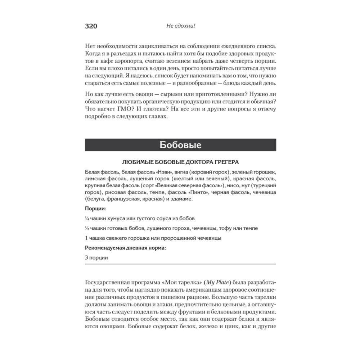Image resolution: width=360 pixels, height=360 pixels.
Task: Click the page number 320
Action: [x=91, y=26]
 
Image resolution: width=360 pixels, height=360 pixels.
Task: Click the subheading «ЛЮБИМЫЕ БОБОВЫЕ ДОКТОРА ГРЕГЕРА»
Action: [x=180, y=162]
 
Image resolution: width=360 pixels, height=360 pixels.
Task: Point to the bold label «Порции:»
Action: [x=95, y=208]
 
